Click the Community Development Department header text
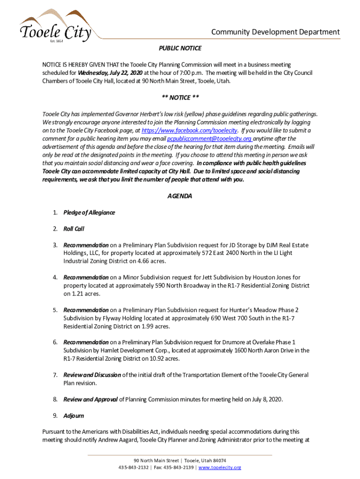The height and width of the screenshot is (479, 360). click(275, 32)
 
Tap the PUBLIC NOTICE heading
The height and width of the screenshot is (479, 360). click(180, 48)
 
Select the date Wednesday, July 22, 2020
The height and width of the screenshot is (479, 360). click(110, 73)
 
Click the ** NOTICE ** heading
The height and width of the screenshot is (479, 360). click(180, 97)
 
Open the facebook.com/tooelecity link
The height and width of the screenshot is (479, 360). click(189, 131)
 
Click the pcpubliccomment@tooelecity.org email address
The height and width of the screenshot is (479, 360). click(209, 138)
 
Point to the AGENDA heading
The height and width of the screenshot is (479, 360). click(180, 196)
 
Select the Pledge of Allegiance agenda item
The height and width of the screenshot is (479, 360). click(89, 212)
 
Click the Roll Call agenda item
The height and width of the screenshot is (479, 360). click(74, 229)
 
